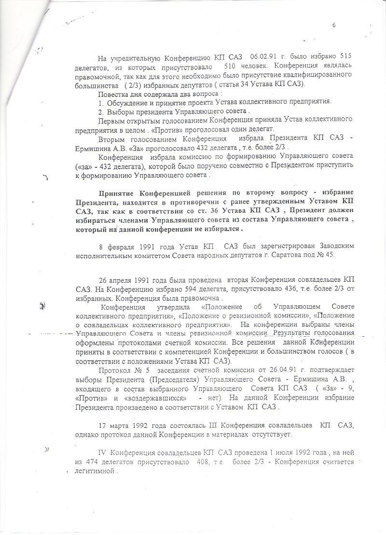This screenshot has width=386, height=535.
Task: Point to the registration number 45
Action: click(x=328, y=255)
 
